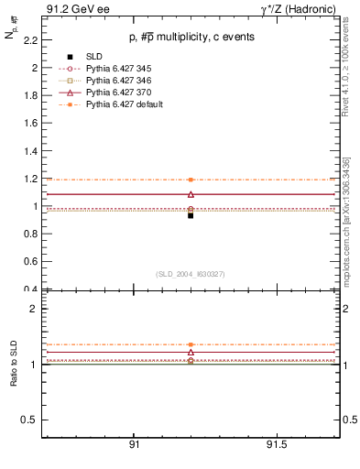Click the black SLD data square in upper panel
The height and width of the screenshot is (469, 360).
[191, 215]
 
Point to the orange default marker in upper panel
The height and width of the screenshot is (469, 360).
[191, 180]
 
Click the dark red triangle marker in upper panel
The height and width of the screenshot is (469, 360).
[191, 194]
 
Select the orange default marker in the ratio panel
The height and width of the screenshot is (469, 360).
[191, 344]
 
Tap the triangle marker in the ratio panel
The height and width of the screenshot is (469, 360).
[191, 352]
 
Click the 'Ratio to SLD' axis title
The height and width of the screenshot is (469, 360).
[13, 363]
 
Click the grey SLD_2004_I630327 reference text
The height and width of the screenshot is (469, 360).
[191, 274]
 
